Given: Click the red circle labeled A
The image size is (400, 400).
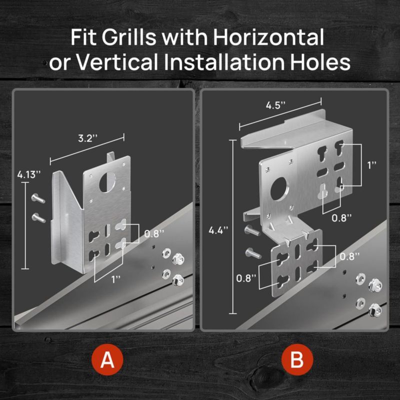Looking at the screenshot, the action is point(107,359).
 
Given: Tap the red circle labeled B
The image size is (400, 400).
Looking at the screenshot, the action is point(297,359).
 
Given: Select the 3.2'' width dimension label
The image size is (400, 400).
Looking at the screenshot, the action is point(87,138).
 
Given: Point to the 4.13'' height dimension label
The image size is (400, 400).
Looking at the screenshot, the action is point(29,174).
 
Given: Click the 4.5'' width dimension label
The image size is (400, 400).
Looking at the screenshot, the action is point(275,105).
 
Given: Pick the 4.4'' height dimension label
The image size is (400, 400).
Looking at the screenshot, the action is point(218,230).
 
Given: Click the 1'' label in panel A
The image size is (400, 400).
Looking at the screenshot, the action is point(116,279).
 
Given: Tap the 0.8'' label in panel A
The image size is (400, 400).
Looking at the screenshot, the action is point(154,233).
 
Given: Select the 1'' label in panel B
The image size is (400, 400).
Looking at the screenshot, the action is point(372,165).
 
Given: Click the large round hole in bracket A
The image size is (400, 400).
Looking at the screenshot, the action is point(107,182).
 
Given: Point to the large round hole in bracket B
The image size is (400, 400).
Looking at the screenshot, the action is point(279,189).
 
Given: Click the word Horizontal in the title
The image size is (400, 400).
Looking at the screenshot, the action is point(268,37).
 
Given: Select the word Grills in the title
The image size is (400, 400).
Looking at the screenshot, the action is point(129,37).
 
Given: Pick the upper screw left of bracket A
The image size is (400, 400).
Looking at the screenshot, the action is point(38,198).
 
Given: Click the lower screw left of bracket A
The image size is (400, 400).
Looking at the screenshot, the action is point(39,218).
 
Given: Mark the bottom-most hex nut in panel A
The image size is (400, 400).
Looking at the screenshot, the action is point(178,280).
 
